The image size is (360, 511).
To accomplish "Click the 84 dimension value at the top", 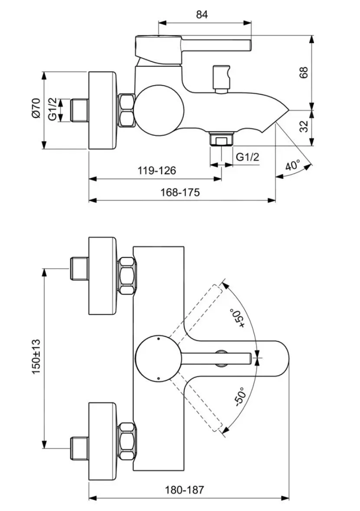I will pyautogui.click(x=202, y=14).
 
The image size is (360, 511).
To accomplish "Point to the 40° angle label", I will pyautogui.click(x=293, y=166).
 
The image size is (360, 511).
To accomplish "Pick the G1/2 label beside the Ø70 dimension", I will pyautogui.click(x=52, y=109).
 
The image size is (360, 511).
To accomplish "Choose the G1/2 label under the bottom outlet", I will pyautogui.click(x=248, y=157).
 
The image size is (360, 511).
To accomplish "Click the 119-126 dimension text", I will pyautogui.click(x=157, y=171).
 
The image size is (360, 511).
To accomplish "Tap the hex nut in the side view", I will pyautogui.click(x=127, y=109).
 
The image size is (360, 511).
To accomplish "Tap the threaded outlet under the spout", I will pyautogui.click(x=221, y=139).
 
